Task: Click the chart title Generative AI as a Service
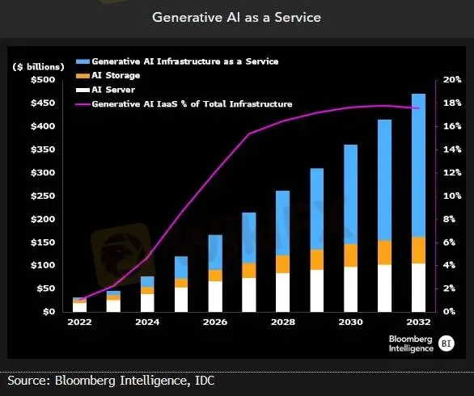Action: [x=236, y=17]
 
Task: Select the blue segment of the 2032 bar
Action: [x=418, y=166]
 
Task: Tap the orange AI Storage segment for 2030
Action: [x=351, y=255]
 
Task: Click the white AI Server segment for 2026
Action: [x=215, y=297]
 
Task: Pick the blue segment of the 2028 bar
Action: [x=282, y=223]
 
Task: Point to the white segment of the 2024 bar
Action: [x=147, y=303]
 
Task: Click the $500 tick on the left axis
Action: [x=43, y=80]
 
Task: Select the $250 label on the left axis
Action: [x=43, y=196]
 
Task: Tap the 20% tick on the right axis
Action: [x=452, y=80]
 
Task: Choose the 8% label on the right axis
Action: [x=449, y=219]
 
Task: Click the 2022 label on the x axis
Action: [x=79, y=322]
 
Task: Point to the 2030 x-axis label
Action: [x=351, y=322]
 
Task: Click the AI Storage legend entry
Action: [x=108, y=75]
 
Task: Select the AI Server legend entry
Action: [x=105, y=90]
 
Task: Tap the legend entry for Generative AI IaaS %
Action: [x=184, y=104]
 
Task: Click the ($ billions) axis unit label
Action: [x=38, y=67]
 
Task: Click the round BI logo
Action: [x=446, y=343]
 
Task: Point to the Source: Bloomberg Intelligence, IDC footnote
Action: [x=111, y=381]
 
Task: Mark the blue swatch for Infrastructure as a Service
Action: [x=83, y=61]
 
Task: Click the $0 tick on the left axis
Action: [x=49, y=312]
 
